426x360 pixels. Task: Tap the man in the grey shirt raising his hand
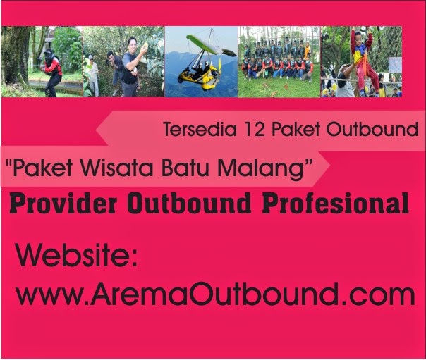(130, 67)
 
